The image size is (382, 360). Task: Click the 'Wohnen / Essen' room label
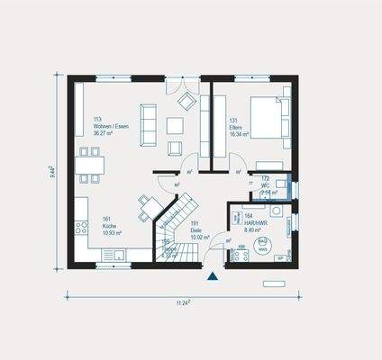point(111,127)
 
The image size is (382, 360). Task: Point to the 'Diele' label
point(196,232)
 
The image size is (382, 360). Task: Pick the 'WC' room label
point(266,185)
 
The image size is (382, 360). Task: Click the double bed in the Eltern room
point(268,119)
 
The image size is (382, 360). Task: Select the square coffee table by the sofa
point(175,126)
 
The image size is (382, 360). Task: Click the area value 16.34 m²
point(237,135)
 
